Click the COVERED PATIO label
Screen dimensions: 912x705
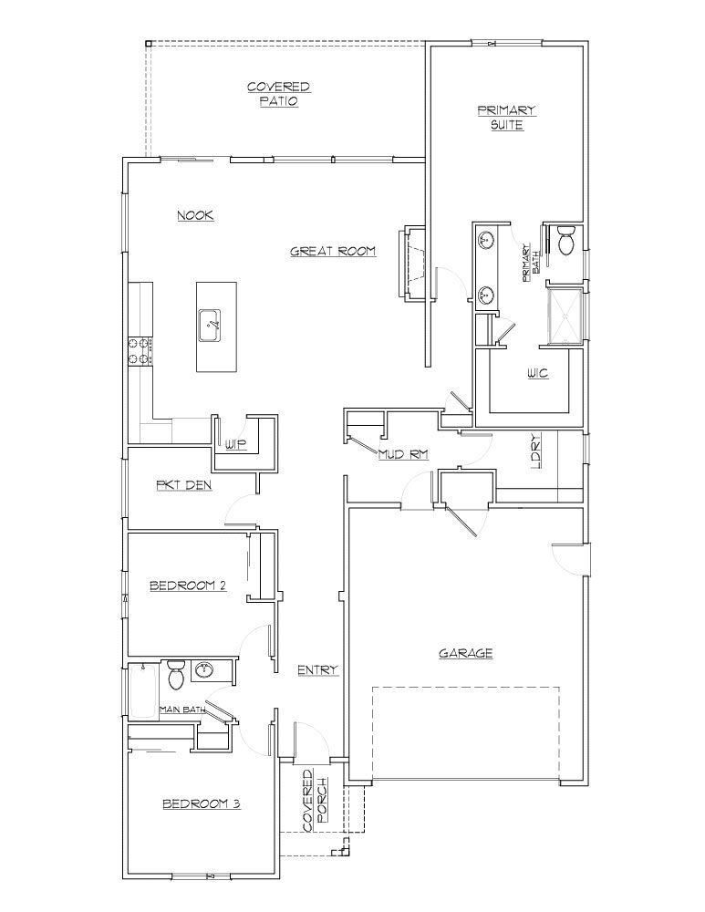278,94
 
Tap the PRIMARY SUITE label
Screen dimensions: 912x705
506,118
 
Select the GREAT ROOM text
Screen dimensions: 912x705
333,251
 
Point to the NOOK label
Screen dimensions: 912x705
195,215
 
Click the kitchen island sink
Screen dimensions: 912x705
212,324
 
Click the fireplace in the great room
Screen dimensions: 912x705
411,263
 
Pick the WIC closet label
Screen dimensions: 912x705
537,374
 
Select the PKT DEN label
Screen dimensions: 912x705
184,486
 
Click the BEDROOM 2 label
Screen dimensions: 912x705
187,586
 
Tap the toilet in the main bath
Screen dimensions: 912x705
176,676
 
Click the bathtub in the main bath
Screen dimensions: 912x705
141,690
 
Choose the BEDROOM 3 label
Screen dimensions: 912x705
201,804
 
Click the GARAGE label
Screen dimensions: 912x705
466,653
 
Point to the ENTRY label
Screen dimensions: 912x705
317,670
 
